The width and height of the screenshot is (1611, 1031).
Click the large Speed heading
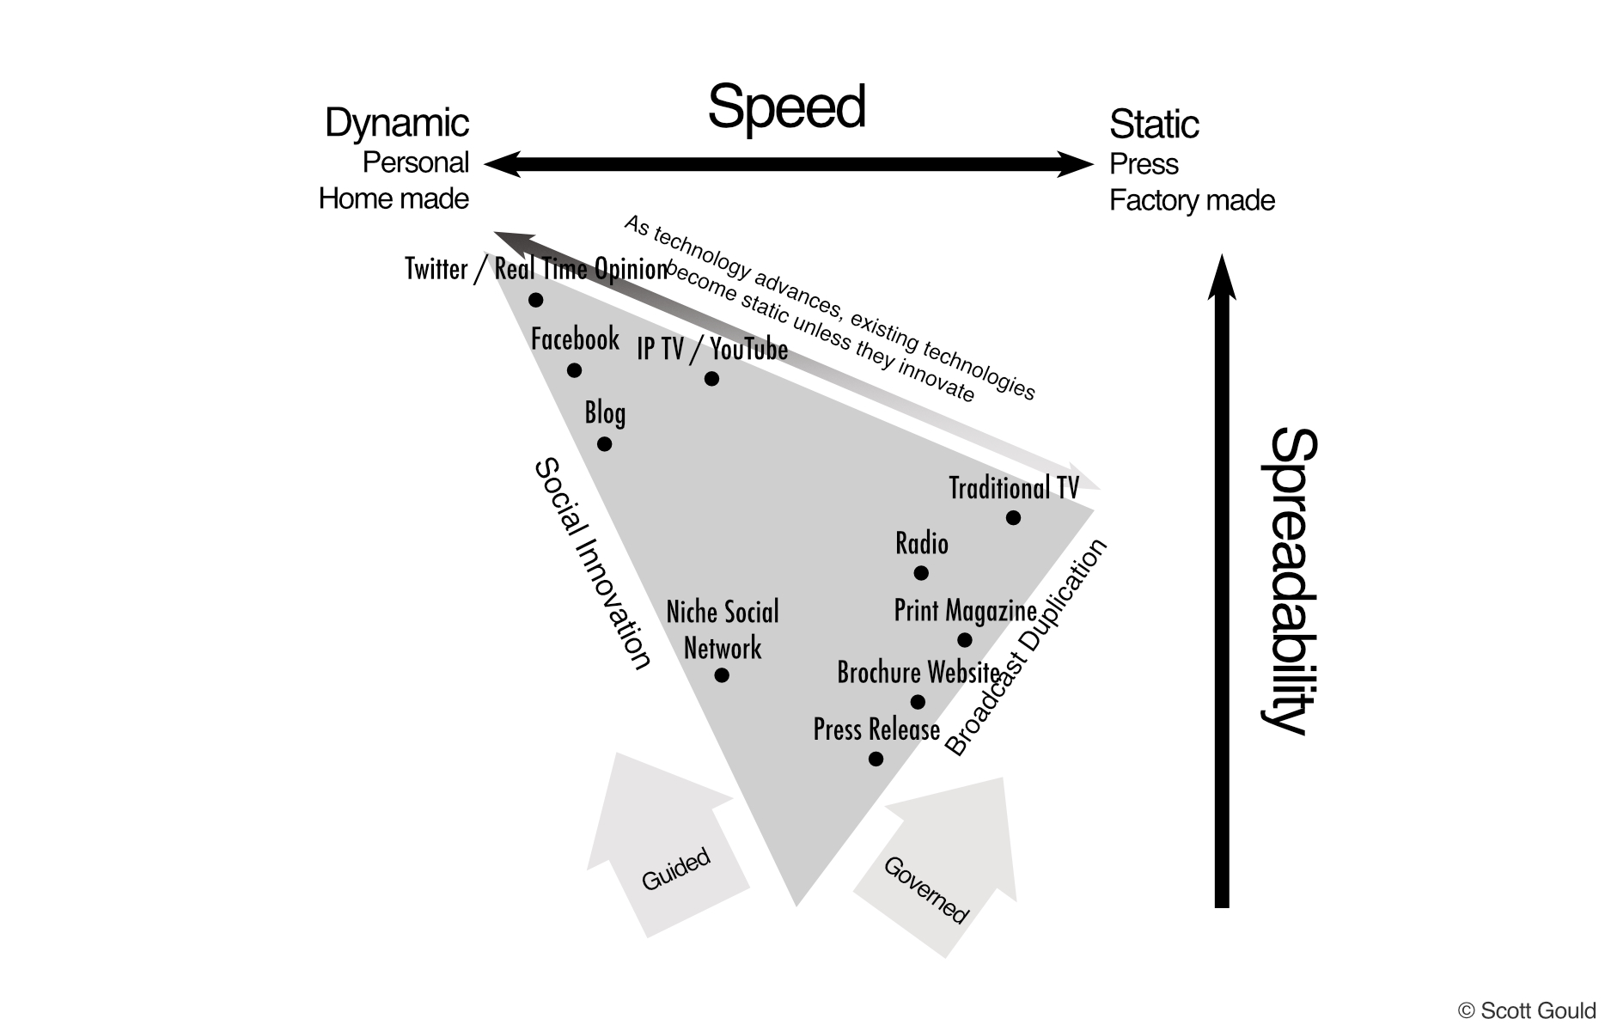[786, 109]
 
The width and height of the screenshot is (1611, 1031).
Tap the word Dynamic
[397, 123]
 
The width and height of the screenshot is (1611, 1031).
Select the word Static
[1154, 124]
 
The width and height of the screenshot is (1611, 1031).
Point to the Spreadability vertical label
[1290, 581]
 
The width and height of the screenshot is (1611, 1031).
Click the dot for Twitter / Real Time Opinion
[535, 300]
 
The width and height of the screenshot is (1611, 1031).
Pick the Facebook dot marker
[574, 370]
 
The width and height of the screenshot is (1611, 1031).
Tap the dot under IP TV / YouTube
[711, 379]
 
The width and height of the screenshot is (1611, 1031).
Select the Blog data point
[604, 444]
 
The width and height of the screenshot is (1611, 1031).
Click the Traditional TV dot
[1013, 517]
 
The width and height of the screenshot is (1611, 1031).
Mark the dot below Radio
[921, 572]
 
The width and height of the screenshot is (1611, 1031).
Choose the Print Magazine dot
[964, 640]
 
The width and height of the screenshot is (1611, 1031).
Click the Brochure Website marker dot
[918, 702]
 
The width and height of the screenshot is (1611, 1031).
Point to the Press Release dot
[876, 759]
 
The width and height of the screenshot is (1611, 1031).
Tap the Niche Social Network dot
[722, 675]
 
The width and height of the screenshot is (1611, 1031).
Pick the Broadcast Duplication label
[1026, 647]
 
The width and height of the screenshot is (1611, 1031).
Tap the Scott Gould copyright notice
[1527, 1010]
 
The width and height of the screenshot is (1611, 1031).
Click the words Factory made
[1192, 200]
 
